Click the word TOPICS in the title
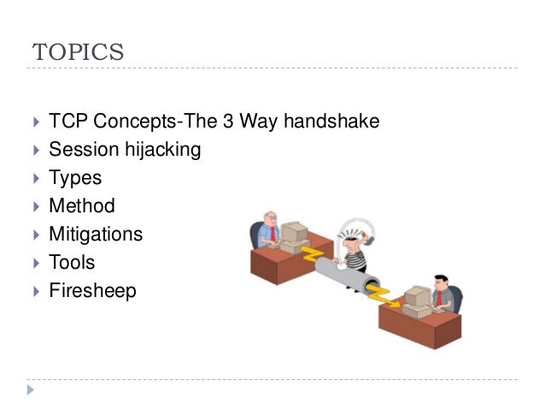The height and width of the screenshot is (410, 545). coord(79,51)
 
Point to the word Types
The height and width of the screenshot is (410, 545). coord(75,178)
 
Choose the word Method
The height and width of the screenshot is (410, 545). coord(82,206)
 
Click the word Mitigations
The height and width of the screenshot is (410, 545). coord(96,234)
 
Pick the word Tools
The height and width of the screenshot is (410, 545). coord(72,262)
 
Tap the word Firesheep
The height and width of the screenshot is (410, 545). coord(92,290)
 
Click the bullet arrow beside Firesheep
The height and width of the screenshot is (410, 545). coord(35,291)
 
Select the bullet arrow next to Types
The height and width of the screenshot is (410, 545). coord(35,179)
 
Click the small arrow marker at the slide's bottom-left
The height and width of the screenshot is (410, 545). coord(32,390)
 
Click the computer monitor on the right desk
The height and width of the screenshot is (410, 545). coord(417,296)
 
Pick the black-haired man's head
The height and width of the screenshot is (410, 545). coord(441,282)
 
